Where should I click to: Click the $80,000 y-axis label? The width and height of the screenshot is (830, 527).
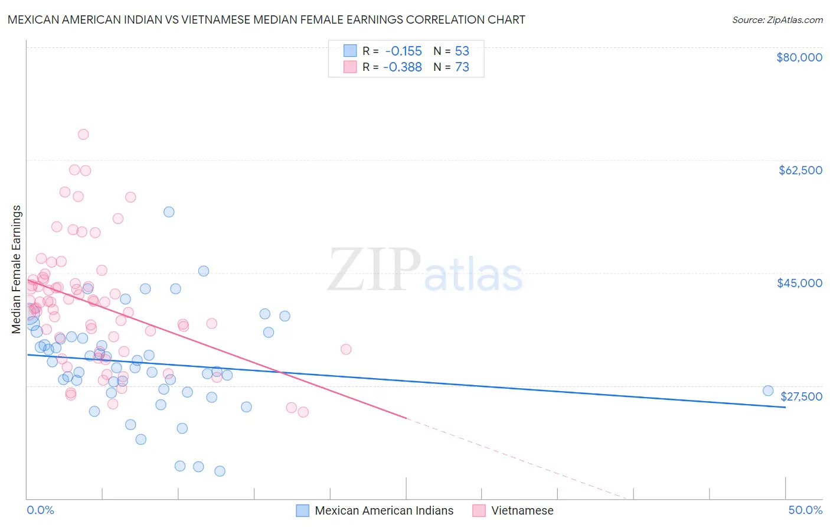[799, 57]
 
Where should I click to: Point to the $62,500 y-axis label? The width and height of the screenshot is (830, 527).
[800, 170]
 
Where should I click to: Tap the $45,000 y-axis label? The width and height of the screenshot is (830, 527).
[799, 283]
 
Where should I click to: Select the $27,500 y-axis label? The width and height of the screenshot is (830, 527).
[801, 396]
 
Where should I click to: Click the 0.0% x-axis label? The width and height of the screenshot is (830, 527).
[40, 510]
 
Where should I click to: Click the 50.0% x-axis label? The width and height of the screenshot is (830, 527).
[805, 510]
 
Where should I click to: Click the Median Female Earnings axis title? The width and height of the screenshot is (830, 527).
[17, 269]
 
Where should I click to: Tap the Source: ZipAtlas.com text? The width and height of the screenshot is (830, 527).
[777, 19]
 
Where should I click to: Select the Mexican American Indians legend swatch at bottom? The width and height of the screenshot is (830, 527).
[303, 510]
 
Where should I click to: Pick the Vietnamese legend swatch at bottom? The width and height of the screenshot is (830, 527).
[479, 510]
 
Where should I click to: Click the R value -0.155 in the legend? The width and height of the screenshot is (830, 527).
[403, 51]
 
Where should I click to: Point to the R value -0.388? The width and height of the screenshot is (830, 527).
[403, 67]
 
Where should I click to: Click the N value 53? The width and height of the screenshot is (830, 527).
[462, 51]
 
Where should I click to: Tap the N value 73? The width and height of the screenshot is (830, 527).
[462, 67]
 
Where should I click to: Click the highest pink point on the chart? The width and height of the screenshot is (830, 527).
[83, 134]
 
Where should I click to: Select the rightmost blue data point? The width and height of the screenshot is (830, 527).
[768, 391]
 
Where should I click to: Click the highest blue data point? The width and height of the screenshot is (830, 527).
[169, 212]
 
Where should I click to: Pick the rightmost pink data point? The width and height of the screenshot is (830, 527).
[346, 349]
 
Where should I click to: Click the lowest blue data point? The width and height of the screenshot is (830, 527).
[220, 471]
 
